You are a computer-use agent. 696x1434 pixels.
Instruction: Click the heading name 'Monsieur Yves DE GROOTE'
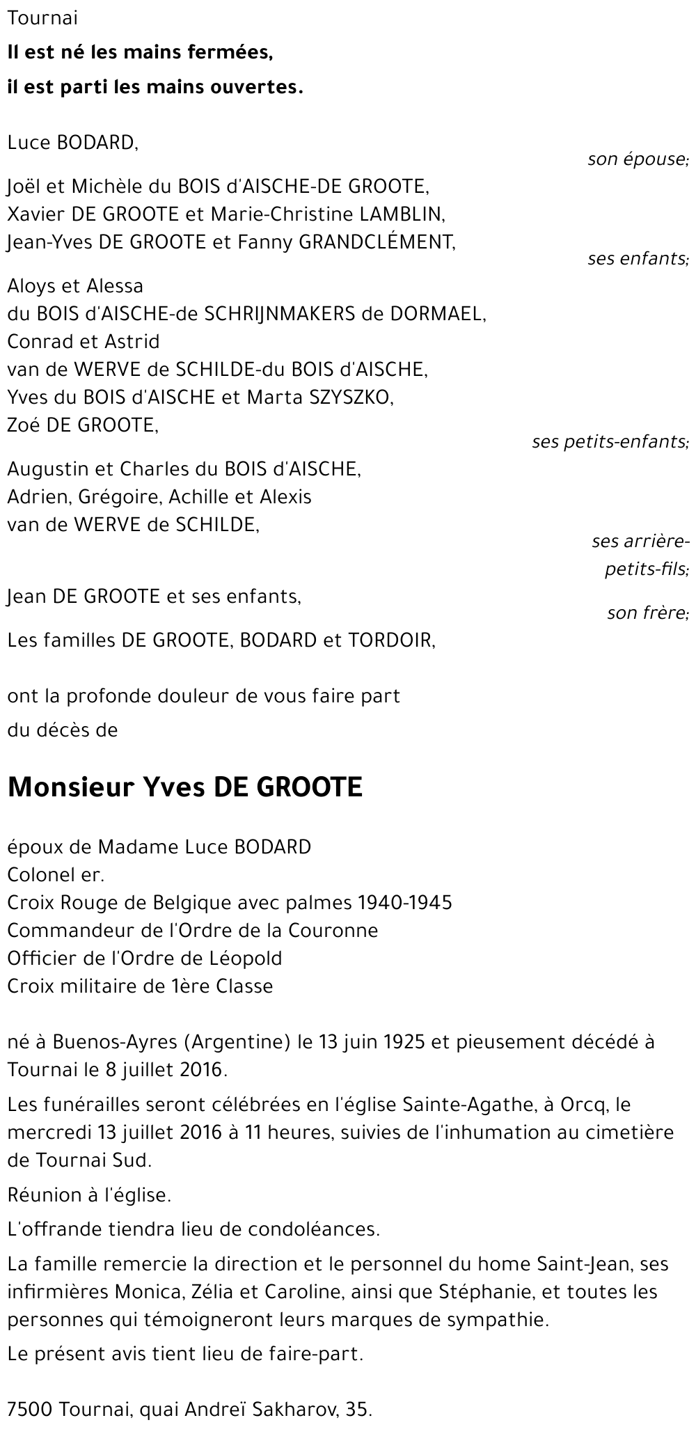[x=184, y=787]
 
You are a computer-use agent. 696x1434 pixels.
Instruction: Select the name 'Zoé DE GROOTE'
[x=82, y=425]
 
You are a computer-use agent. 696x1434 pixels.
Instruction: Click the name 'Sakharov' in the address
[x=304, y=1410]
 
